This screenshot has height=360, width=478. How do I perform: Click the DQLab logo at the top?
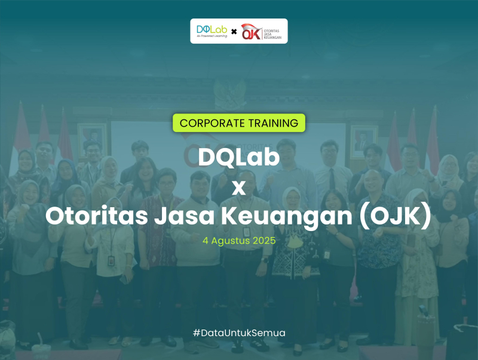point(211,29)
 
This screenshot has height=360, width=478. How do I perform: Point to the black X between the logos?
point(234,32)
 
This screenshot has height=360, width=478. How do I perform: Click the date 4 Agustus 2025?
point(239,241)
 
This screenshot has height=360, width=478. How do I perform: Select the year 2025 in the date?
point(264,241)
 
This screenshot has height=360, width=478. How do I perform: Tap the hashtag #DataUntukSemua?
point(239,332)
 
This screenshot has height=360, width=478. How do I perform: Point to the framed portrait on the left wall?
point(91,139)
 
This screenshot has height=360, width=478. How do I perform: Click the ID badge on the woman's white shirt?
point(111,261)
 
